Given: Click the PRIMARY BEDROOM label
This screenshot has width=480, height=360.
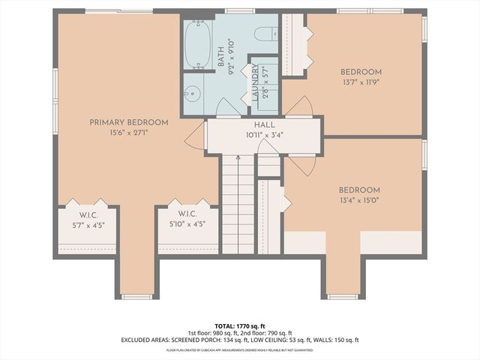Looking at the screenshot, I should tap(128, 122).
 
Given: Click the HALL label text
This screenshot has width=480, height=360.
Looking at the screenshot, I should tap(265, 125).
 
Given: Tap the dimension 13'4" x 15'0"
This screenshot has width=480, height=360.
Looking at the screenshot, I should tap(359, 201).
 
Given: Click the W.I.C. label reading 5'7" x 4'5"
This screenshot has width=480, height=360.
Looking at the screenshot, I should tap(87, 223).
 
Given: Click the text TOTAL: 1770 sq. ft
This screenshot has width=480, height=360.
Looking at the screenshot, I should tap(240, 326).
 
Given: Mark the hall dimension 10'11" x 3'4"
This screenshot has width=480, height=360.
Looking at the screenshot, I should tap(265, 136).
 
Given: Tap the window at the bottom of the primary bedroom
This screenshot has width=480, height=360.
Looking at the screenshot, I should tap(136, 297).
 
